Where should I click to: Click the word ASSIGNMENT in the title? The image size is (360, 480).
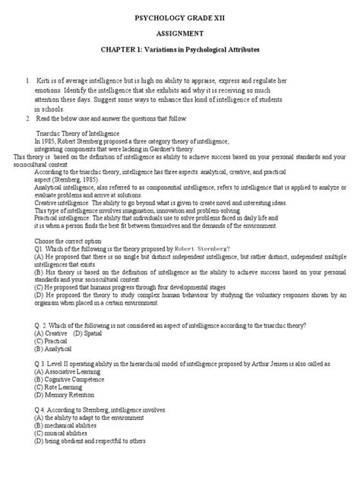pos(180,33)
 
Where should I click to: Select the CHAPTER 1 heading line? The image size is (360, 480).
pos(180,50)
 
